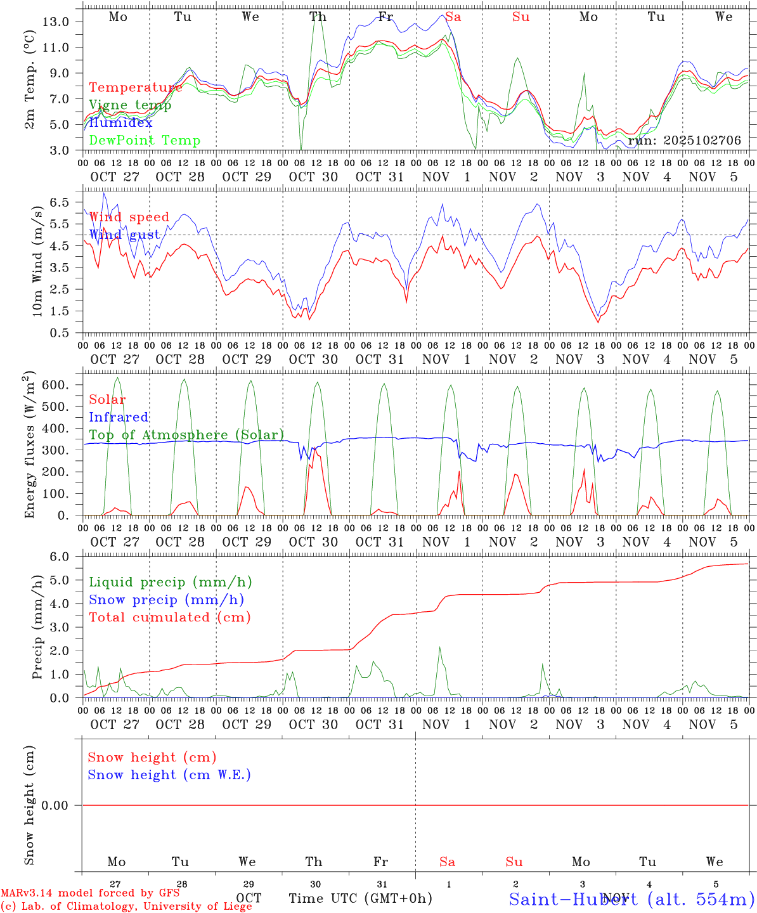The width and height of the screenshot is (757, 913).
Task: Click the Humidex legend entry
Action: coord(120,123)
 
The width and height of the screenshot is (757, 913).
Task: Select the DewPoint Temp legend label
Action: coord(145,141)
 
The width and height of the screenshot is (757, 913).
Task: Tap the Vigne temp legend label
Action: coord(130,105)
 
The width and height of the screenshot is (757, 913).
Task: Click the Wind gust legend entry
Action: coord(124,235)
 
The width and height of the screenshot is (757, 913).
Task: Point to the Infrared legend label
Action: coord(119,417)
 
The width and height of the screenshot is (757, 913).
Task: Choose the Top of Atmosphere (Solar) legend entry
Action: coord(186,435)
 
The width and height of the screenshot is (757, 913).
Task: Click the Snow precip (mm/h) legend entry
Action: coord(166,600)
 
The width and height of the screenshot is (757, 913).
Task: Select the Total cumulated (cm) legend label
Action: coord(169,618)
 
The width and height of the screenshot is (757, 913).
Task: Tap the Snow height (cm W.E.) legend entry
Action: coord(169,775)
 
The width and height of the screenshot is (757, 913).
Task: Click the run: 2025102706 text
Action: coord(684,141)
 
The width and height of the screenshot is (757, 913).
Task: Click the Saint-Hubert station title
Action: coord(631,898)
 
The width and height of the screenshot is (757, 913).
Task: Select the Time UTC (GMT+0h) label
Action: coord(360,898)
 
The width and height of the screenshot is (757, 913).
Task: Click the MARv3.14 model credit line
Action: coord(90,893)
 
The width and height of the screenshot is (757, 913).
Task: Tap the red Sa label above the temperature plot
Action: coord(453,17)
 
